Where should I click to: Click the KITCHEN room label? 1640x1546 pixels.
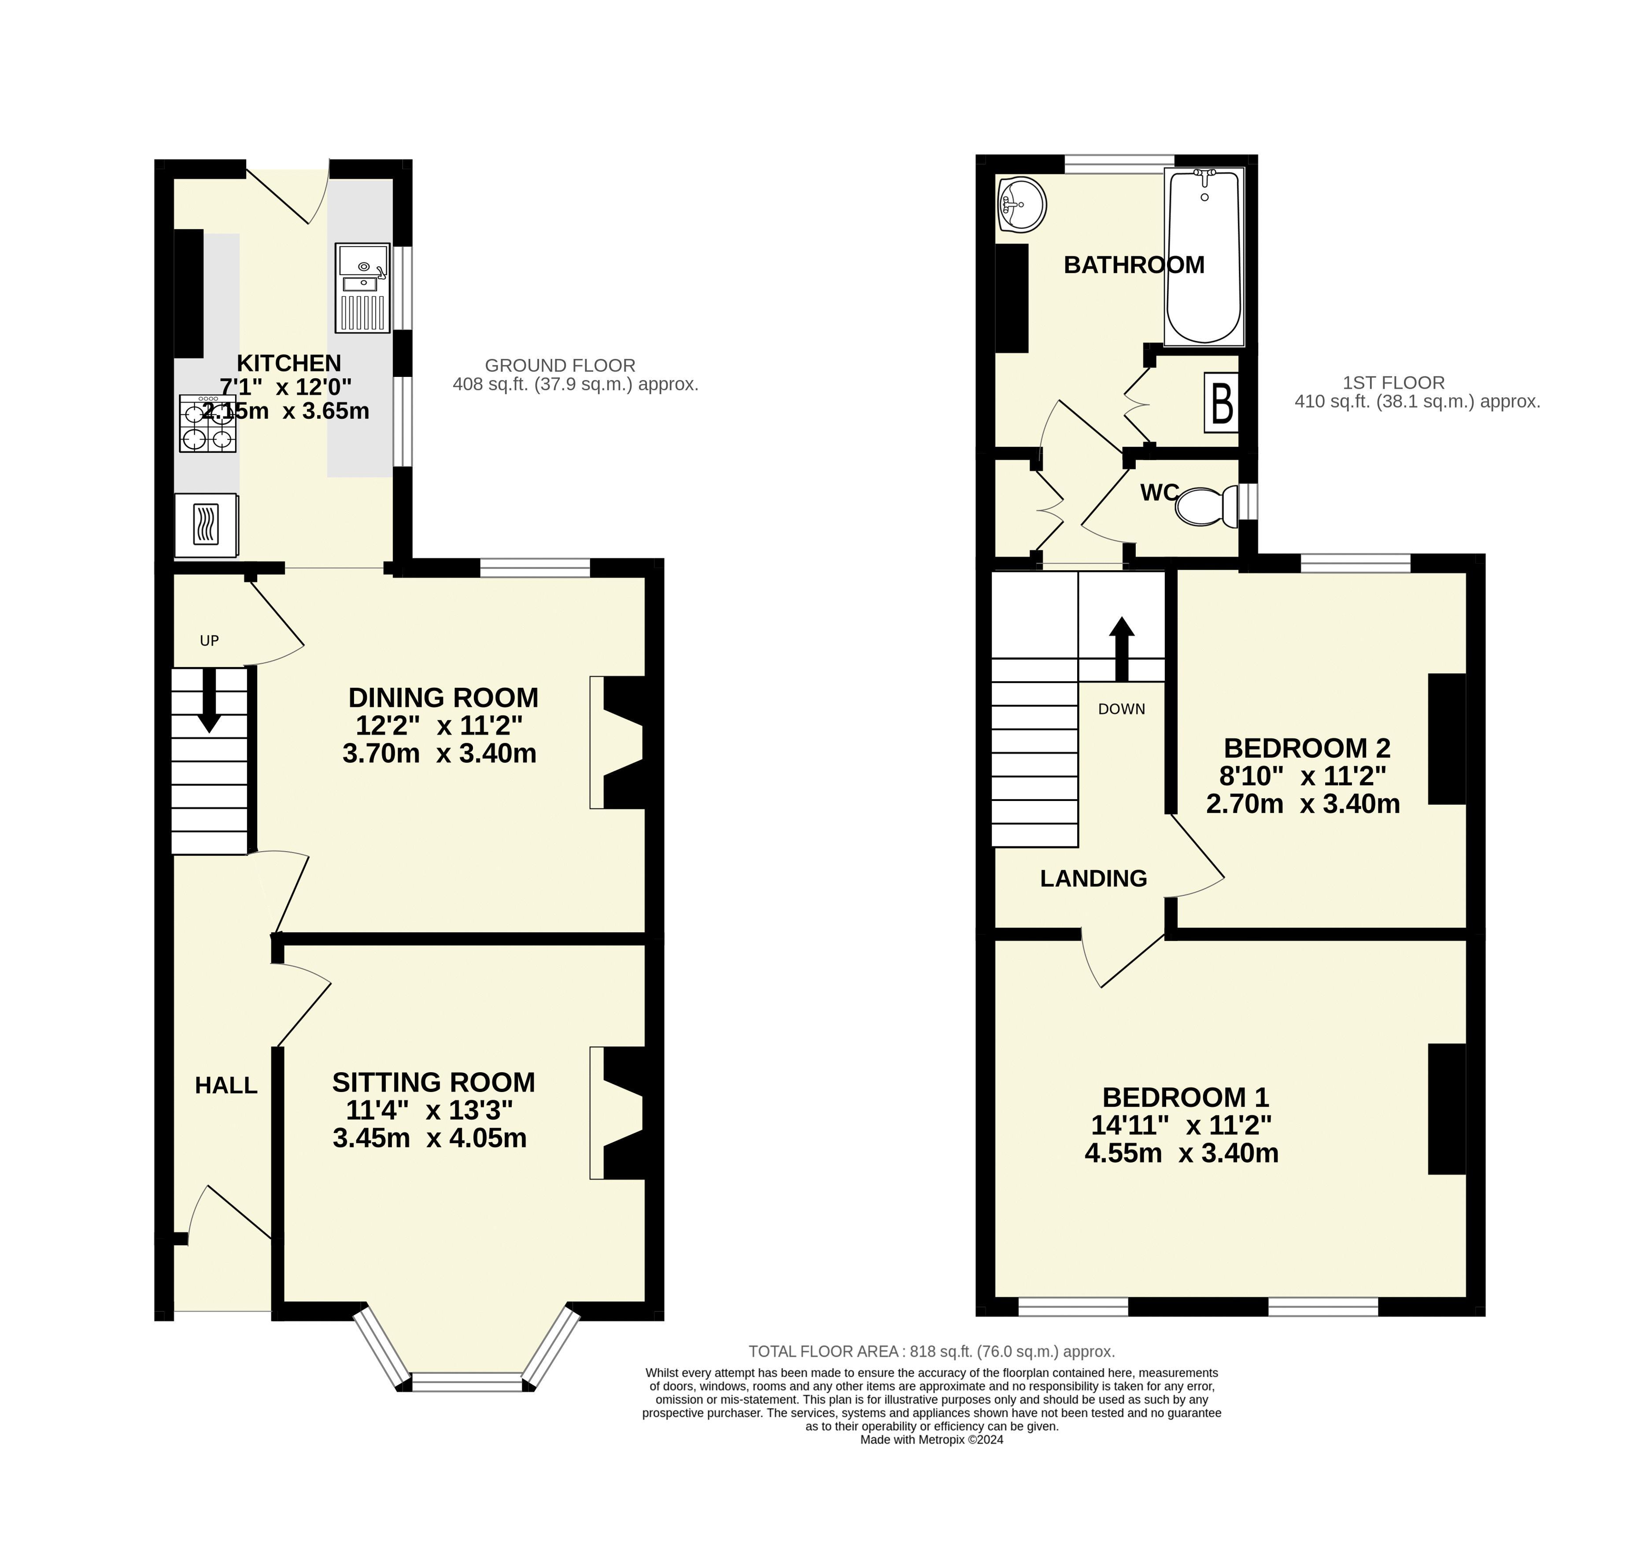pos(289,363)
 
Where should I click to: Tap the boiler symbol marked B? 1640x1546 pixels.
pos(1222,402)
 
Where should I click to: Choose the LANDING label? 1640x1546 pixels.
pos(1093,878)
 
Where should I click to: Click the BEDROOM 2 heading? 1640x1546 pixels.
pos(1307,748)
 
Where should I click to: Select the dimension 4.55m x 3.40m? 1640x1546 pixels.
pos(1181,1152)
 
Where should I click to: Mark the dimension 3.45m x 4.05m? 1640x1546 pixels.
pos(430,1138)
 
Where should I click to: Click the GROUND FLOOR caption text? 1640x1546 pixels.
pos(560,365)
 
